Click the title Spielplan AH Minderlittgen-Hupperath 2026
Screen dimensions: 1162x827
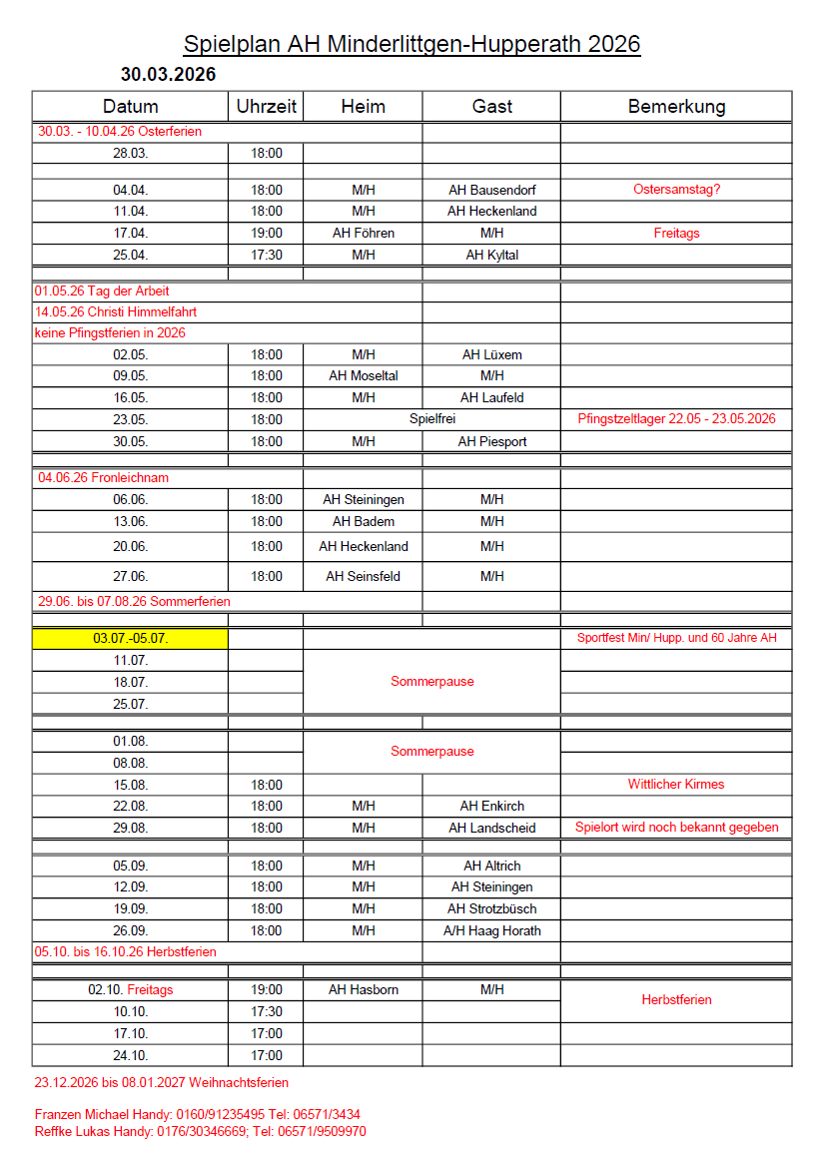click(412, 44)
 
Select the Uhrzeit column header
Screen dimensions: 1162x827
click(266, 106)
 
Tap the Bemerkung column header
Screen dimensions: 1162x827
click(676, 106)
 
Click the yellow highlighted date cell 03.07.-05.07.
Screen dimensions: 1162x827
click(130, 638)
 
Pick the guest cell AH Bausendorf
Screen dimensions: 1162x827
click(491, 190)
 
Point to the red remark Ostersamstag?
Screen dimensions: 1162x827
click(676, 190)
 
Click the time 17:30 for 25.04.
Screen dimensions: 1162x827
click(266, 255)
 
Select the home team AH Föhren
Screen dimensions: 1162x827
click(364, 233)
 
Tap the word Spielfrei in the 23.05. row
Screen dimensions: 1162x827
click(432, 419)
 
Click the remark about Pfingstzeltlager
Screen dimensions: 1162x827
click(676, 419)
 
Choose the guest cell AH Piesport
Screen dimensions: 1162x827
click(491, 441)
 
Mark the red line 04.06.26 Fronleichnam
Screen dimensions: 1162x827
click(103, 477)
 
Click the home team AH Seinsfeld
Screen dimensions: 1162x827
click(364, 576)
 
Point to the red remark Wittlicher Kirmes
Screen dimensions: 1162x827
click(676, 784)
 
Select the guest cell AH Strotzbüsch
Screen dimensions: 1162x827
click(491, 908)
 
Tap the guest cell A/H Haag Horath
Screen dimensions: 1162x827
click(491, 930)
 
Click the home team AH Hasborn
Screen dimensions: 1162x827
click(364, 989)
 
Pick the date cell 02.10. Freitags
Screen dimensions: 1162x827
click(130, 989)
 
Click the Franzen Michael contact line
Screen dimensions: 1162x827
click(197, 1114)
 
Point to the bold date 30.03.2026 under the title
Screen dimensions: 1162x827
click(168, 74)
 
